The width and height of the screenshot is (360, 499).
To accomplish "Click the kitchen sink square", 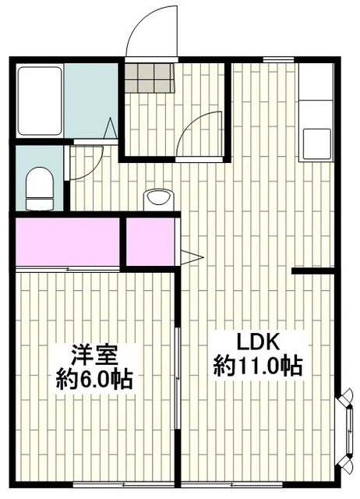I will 316,143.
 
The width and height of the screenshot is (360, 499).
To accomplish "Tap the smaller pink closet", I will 150,242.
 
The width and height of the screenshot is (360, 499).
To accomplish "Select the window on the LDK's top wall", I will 278,59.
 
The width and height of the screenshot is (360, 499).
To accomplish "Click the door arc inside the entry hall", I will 199,132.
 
